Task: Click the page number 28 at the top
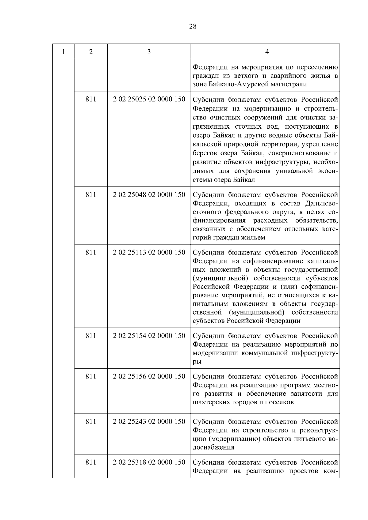(193, 27)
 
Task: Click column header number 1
(63, 52)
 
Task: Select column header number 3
(149, 52)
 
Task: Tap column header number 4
(267, 52)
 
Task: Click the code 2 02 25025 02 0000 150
(149, 100)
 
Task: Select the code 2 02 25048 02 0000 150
(149, 195)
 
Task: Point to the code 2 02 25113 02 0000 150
(149, 252)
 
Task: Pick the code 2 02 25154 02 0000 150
(149, 336)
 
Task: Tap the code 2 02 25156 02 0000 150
(149, 376)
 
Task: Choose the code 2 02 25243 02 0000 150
(149, 421)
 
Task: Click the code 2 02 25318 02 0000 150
(149, 462)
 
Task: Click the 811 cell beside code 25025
(91, 100)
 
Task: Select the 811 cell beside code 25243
(91, 421)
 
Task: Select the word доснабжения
(213, 447)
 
